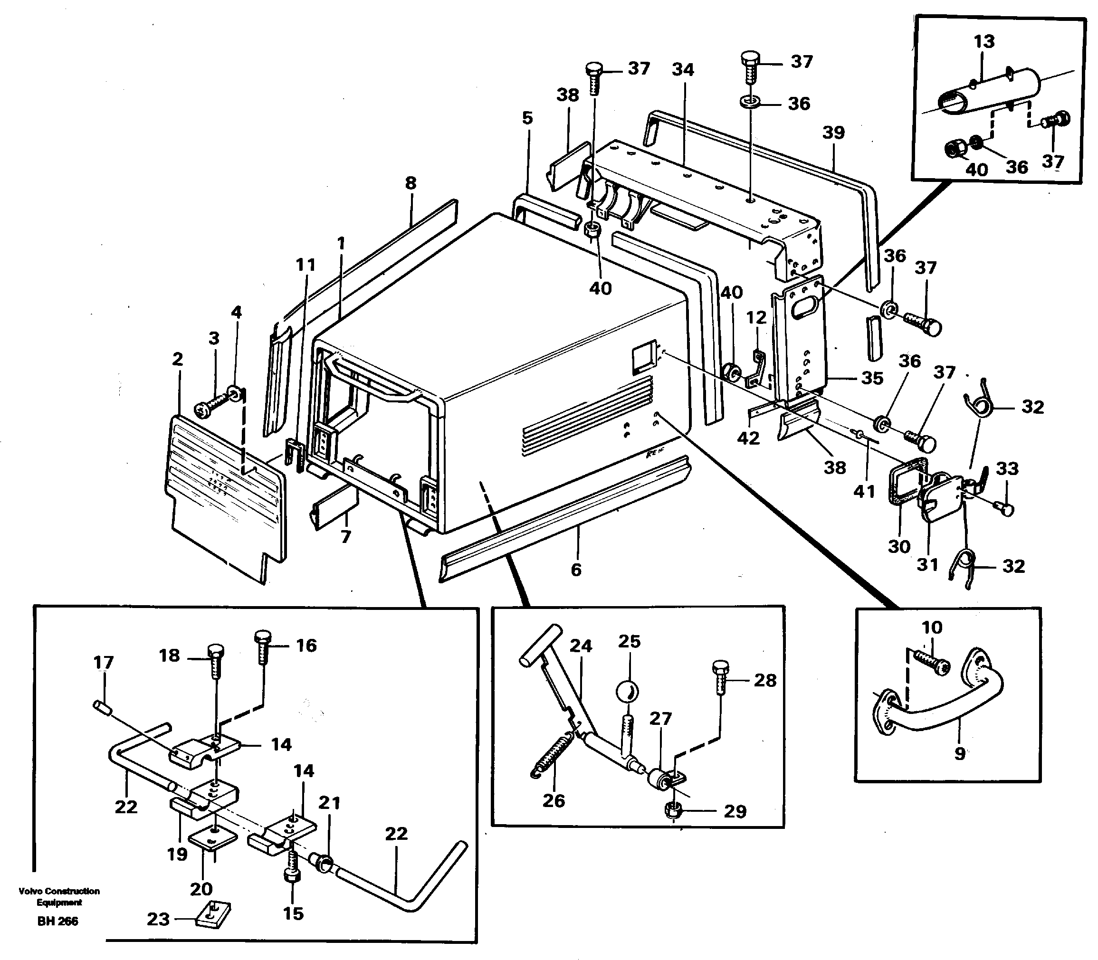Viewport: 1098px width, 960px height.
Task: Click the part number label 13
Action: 984,41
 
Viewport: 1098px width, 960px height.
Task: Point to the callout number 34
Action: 683,70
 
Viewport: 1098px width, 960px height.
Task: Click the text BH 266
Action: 57,922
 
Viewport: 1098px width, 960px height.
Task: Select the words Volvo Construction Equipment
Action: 59,897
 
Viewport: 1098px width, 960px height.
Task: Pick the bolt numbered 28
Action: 720,678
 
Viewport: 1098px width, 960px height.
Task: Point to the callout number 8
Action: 411,183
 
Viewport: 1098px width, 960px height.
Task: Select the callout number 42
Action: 749,438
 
